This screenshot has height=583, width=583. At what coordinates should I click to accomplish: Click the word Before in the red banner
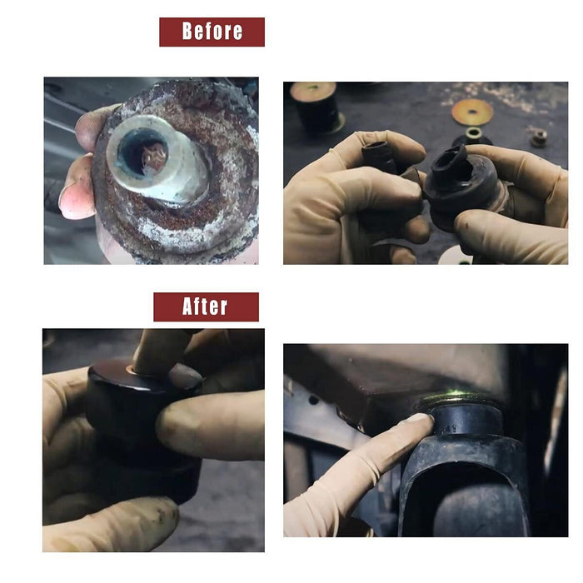point(212,32)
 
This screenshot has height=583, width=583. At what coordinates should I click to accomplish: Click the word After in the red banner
point(205,306)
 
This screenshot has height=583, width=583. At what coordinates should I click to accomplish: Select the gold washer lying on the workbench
point(472,112)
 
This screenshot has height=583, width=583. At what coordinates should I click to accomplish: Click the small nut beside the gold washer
point(539,137)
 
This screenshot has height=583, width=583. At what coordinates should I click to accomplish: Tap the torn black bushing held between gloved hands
point(460,180)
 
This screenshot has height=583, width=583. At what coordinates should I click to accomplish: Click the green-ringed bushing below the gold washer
point(472,137)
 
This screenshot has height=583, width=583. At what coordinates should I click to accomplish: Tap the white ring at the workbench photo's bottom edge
point(455,256)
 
